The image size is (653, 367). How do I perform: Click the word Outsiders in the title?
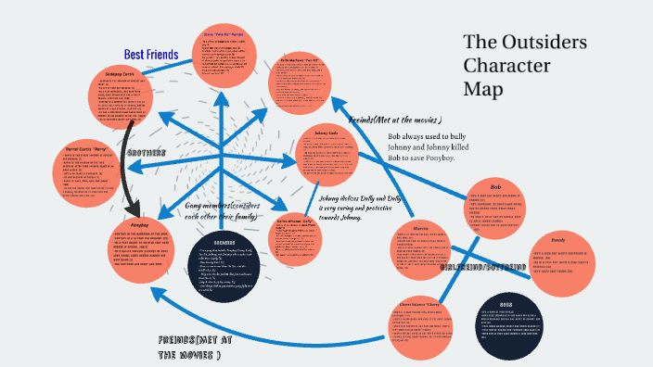(x=525, y=43)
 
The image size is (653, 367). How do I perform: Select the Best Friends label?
(x=150, y=56)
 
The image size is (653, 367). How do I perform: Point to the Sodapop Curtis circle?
(x=132, y=94)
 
